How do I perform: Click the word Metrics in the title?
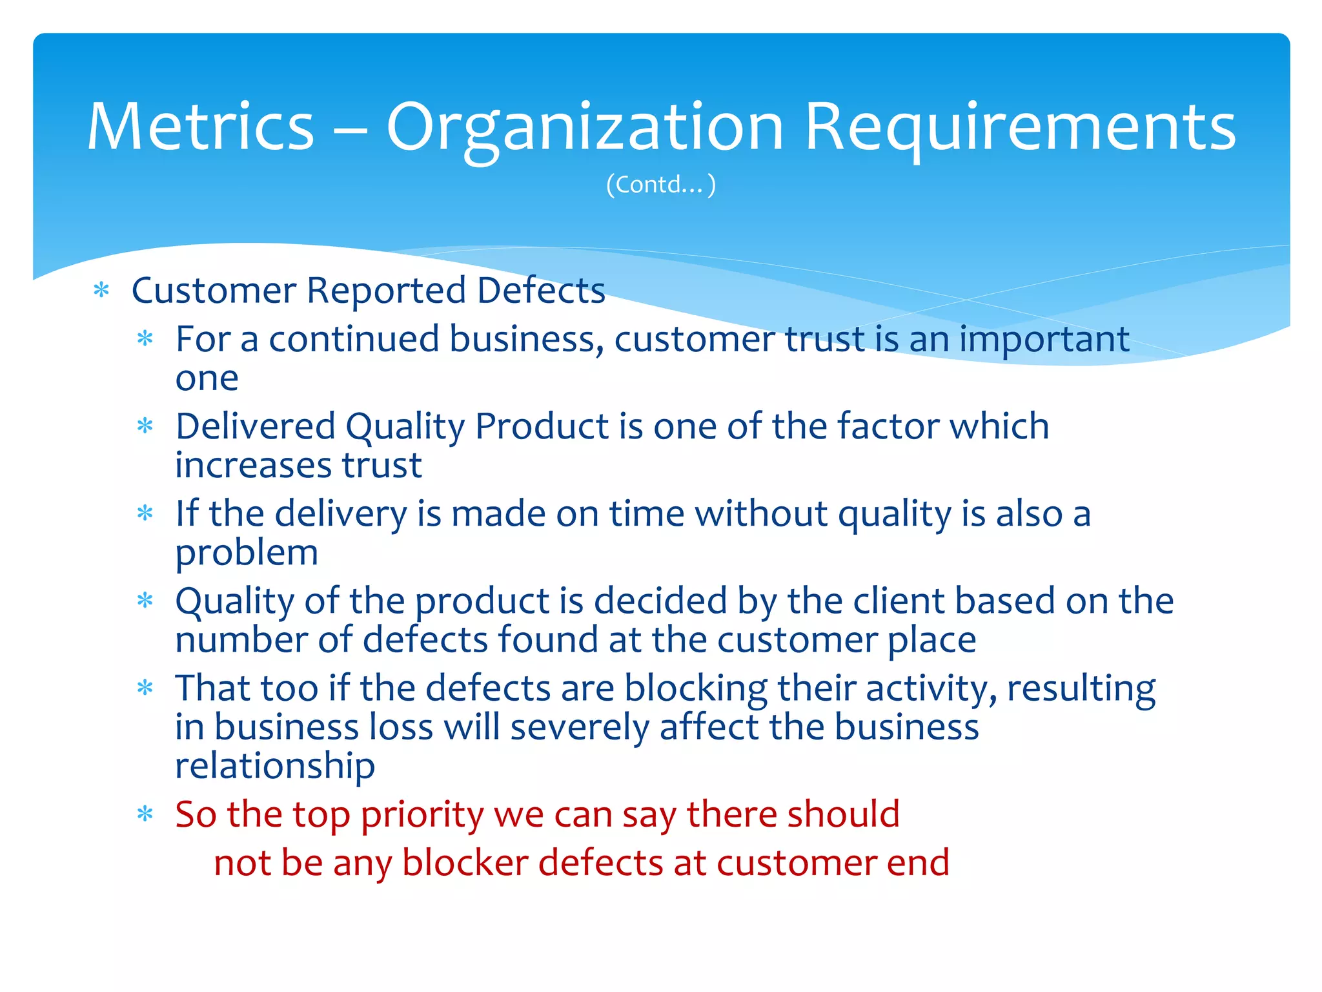point(201,127)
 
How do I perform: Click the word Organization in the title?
point(584,127)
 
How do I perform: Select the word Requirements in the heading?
point(1019,127)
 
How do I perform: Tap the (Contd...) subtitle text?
point(661,185)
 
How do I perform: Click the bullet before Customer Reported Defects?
point(101,290)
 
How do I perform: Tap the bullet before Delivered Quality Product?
point(145,426)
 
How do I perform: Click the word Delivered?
point(256,426)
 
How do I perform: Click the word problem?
point(247,553)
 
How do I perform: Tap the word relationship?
point(275,766)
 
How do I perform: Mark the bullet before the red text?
point(145,814)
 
